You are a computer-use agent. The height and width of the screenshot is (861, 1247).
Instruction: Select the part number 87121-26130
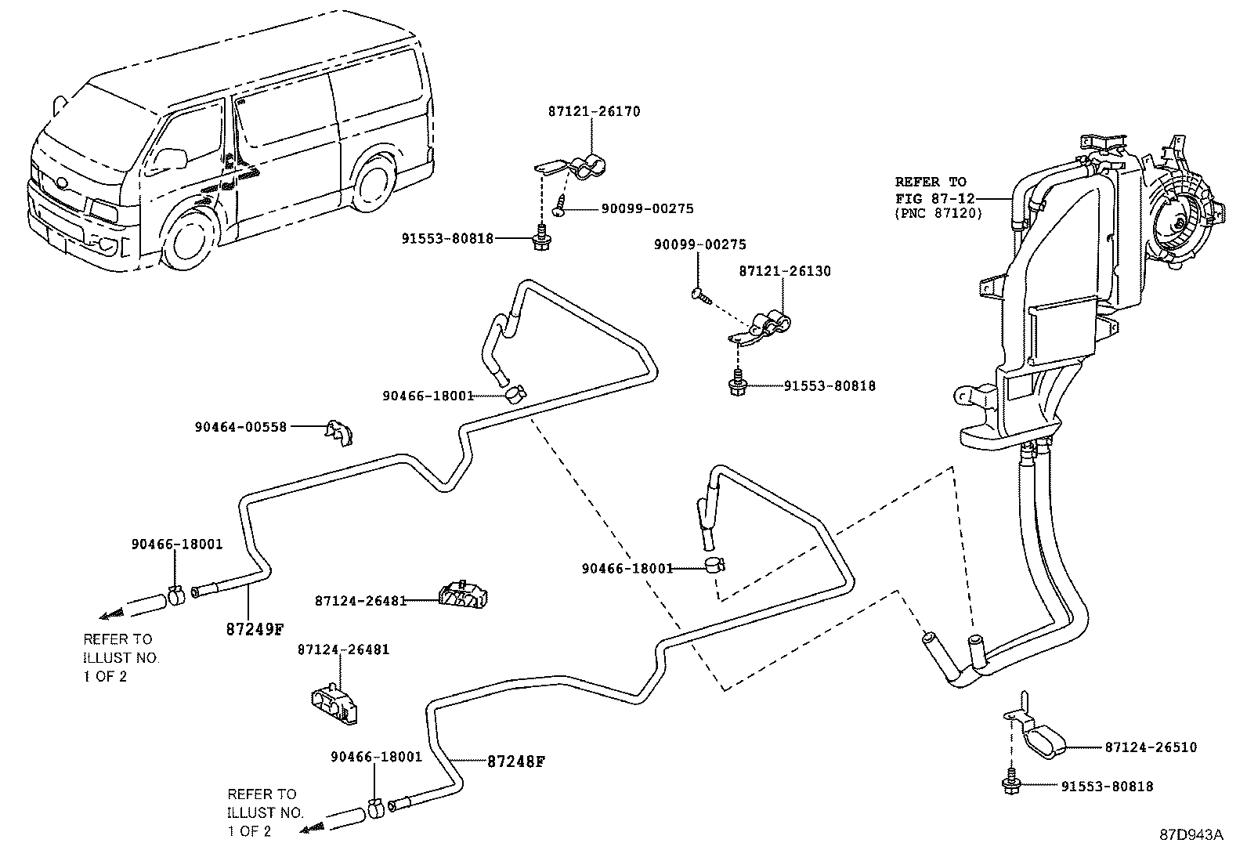785,271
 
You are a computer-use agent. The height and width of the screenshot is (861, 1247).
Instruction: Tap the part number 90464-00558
240,427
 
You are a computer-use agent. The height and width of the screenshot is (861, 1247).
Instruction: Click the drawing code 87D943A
1191,834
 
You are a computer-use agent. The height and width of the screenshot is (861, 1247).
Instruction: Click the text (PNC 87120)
938,213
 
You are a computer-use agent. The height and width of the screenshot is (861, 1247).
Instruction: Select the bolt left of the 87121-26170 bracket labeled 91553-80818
539,241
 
